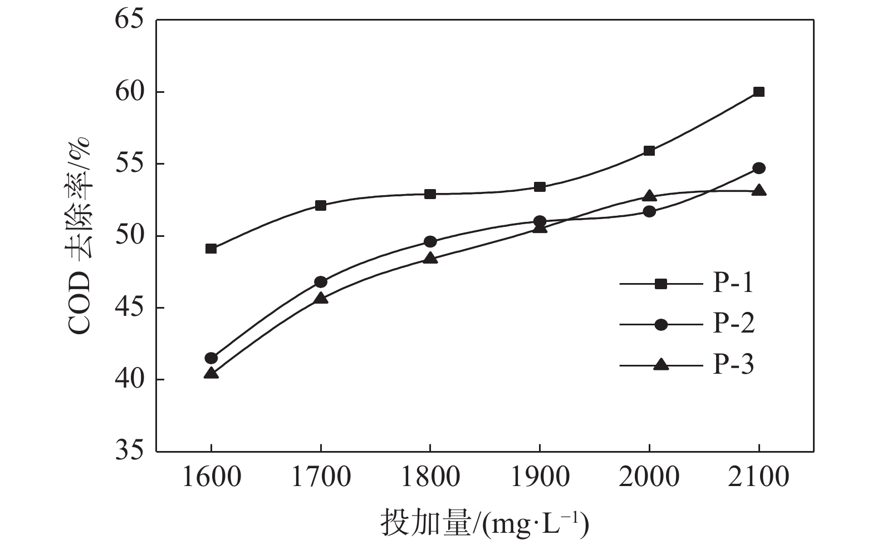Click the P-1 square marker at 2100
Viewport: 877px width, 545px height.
[758, 92]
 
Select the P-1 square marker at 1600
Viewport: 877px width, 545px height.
[211, 249]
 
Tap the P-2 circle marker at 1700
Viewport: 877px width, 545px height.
[321, 282]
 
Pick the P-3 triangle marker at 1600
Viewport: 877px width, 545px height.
[211, 373]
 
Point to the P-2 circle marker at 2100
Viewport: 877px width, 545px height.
[758, 168]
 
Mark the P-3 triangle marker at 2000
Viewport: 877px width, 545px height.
[649, 196]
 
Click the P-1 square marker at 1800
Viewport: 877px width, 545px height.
[430, 194]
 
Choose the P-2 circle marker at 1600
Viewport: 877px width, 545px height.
[211, 358]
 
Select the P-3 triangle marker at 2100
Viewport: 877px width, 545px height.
[758, 191]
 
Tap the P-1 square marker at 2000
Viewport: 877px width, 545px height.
[649, 151]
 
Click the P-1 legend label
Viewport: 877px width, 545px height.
[733, 284]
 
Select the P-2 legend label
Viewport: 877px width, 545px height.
[733, 324]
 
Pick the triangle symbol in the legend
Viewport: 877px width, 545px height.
[661, 365]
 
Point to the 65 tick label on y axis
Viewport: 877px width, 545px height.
[129, 20]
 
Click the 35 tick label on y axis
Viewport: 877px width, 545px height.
[129, 452]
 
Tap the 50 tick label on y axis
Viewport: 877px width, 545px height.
[129, 236]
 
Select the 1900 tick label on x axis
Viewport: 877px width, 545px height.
[540, 478]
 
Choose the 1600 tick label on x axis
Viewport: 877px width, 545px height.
[211, 478]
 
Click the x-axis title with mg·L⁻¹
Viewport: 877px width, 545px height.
[484, 523]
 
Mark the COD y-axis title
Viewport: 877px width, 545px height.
[79, 236]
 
